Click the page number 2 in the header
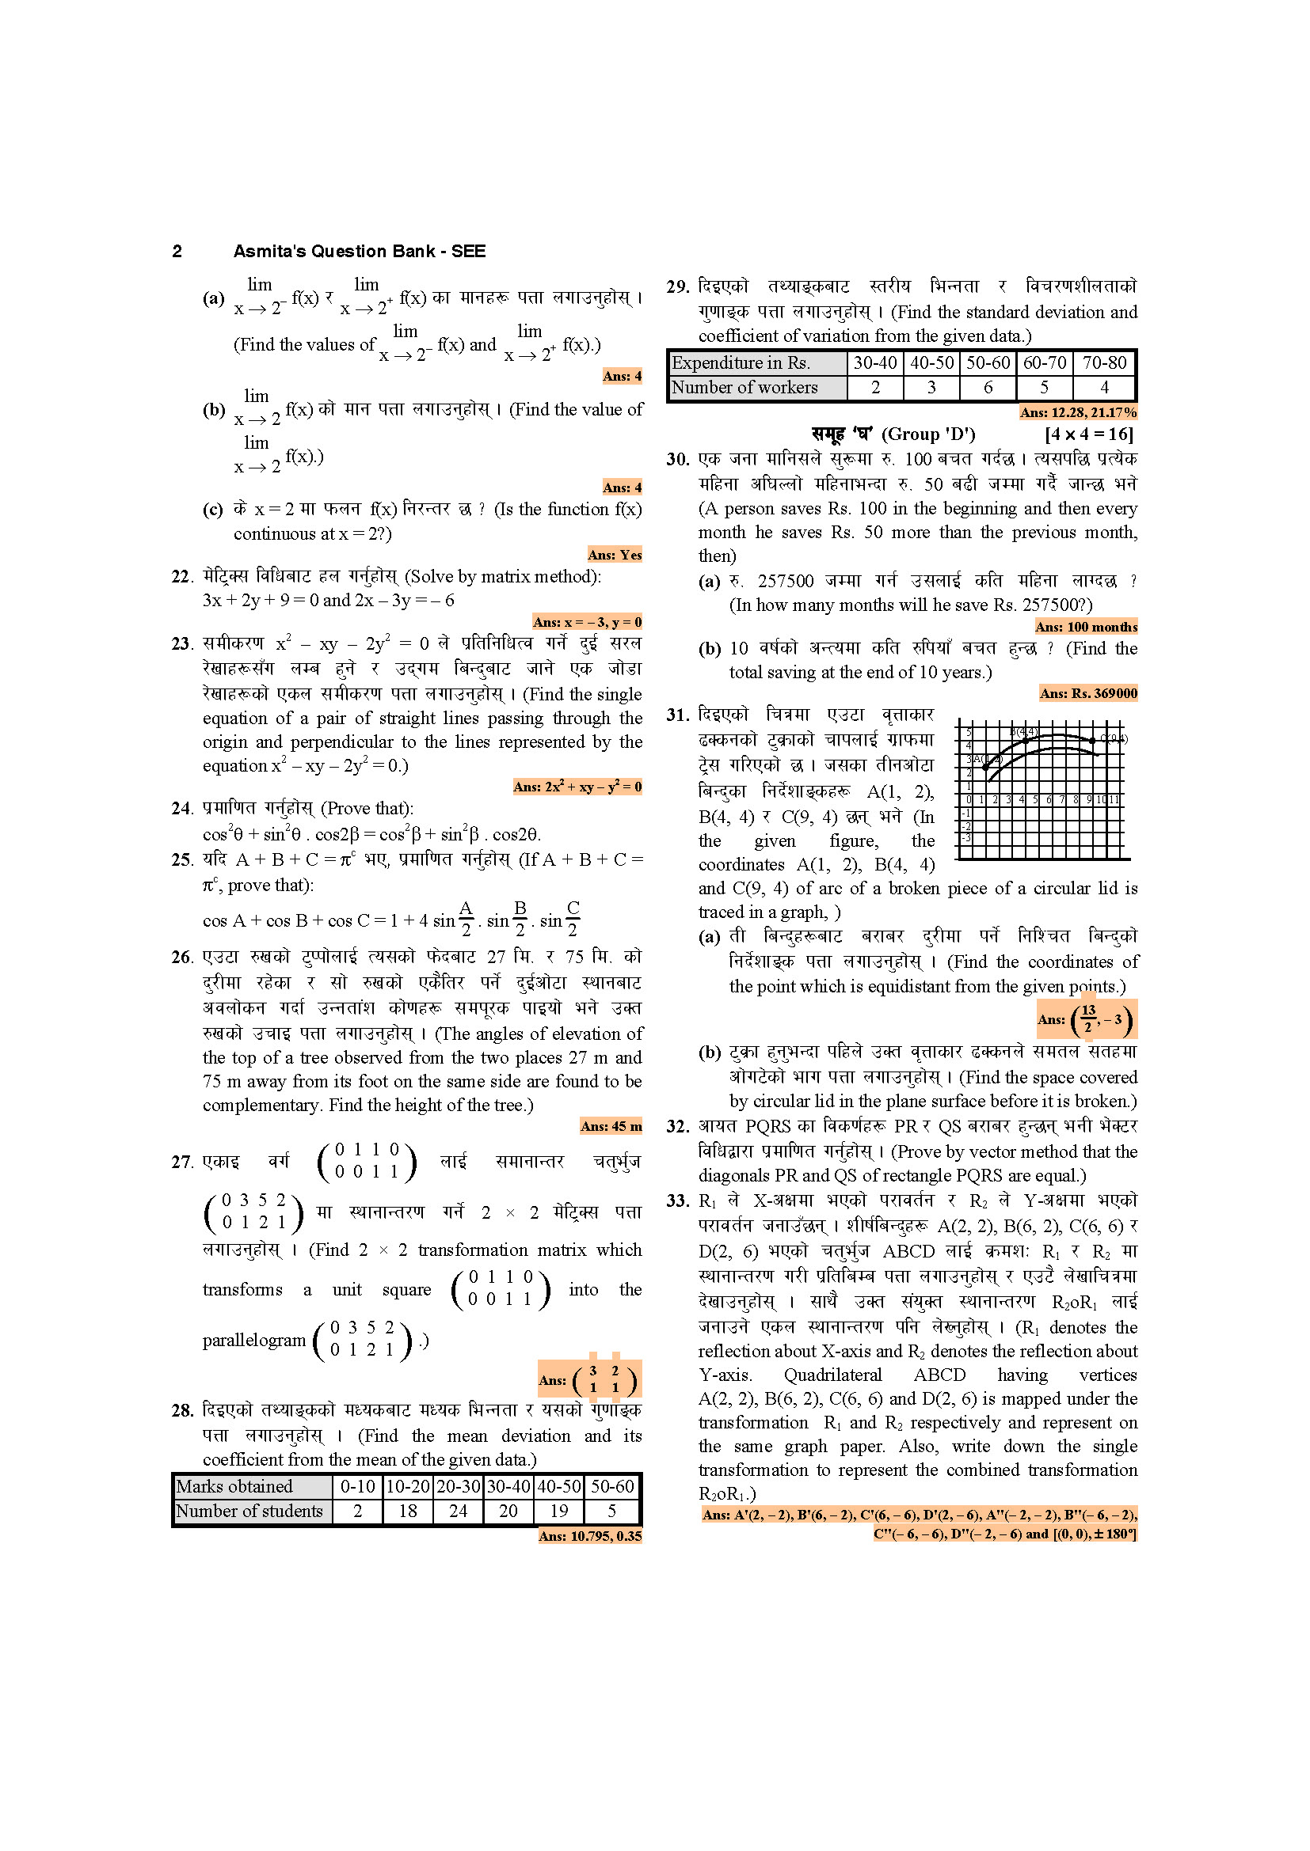click(x=177, y=252)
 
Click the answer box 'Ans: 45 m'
click(x=611, y=1126)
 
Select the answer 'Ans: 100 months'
click(x=1086, y=627)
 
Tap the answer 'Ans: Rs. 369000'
click(x=1088, y=693)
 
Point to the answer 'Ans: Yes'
click(x=614, y=555)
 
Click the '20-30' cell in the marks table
click(x=458, y=1487)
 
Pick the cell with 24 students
click(x=458, y=1511)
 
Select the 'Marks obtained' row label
click(x=234, y=1487)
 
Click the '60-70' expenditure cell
click(x=1045, y=362)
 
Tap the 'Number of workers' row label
click(x=744, y=388)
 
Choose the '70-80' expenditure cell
click(x=1103, y=362)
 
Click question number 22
click(x=181, y=576)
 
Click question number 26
click(x=181, y=957)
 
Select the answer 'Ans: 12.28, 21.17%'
click(x=1078, y=413)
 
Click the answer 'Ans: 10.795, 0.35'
click(x=590, y=1536)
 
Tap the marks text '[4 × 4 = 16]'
click(x=1089, y=434)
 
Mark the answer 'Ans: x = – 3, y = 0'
click(x=586, y=621)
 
